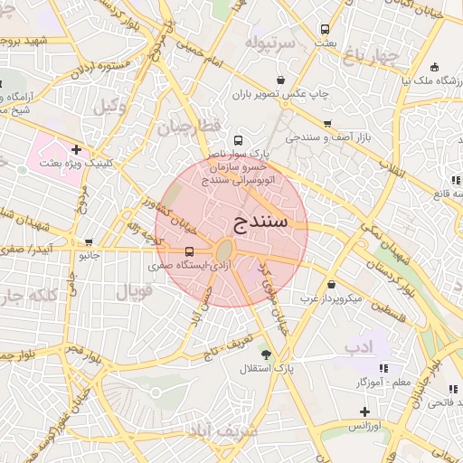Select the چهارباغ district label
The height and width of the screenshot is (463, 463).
pyautogui.click(x=371, y=56)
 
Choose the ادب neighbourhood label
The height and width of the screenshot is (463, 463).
pyautogui.click(x=358, y=346)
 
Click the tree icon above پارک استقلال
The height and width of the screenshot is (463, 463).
pyautogui.click(x=265, y=354)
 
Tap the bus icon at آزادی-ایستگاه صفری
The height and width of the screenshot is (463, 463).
pyautogui.click(x=189, y=251)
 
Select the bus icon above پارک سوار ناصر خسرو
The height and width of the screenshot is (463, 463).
pyautogui.click(x=238, y=140)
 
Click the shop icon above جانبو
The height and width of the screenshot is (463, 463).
pyautogui.click(x=89, y=241)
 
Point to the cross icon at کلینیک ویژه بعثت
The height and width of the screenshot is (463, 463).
pyautogui.click(x=76, y=149)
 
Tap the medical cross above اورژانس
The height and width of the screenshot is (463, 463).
pyautogui.click(x=364, y=411)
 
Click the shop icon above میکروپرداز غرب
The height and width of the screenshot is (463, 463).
pyautogui.click(x=332, y=284)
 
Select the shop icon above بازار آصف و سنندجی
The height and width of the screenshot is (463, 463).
pyautogui.click(x=326, y=124)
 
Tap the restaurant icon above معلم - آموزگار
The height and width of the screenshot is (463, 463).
pyautogui.click(x=383, y=368)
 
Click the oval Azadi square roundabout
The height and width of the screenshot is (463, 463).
pyautogui.click(x=224, y=250)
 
